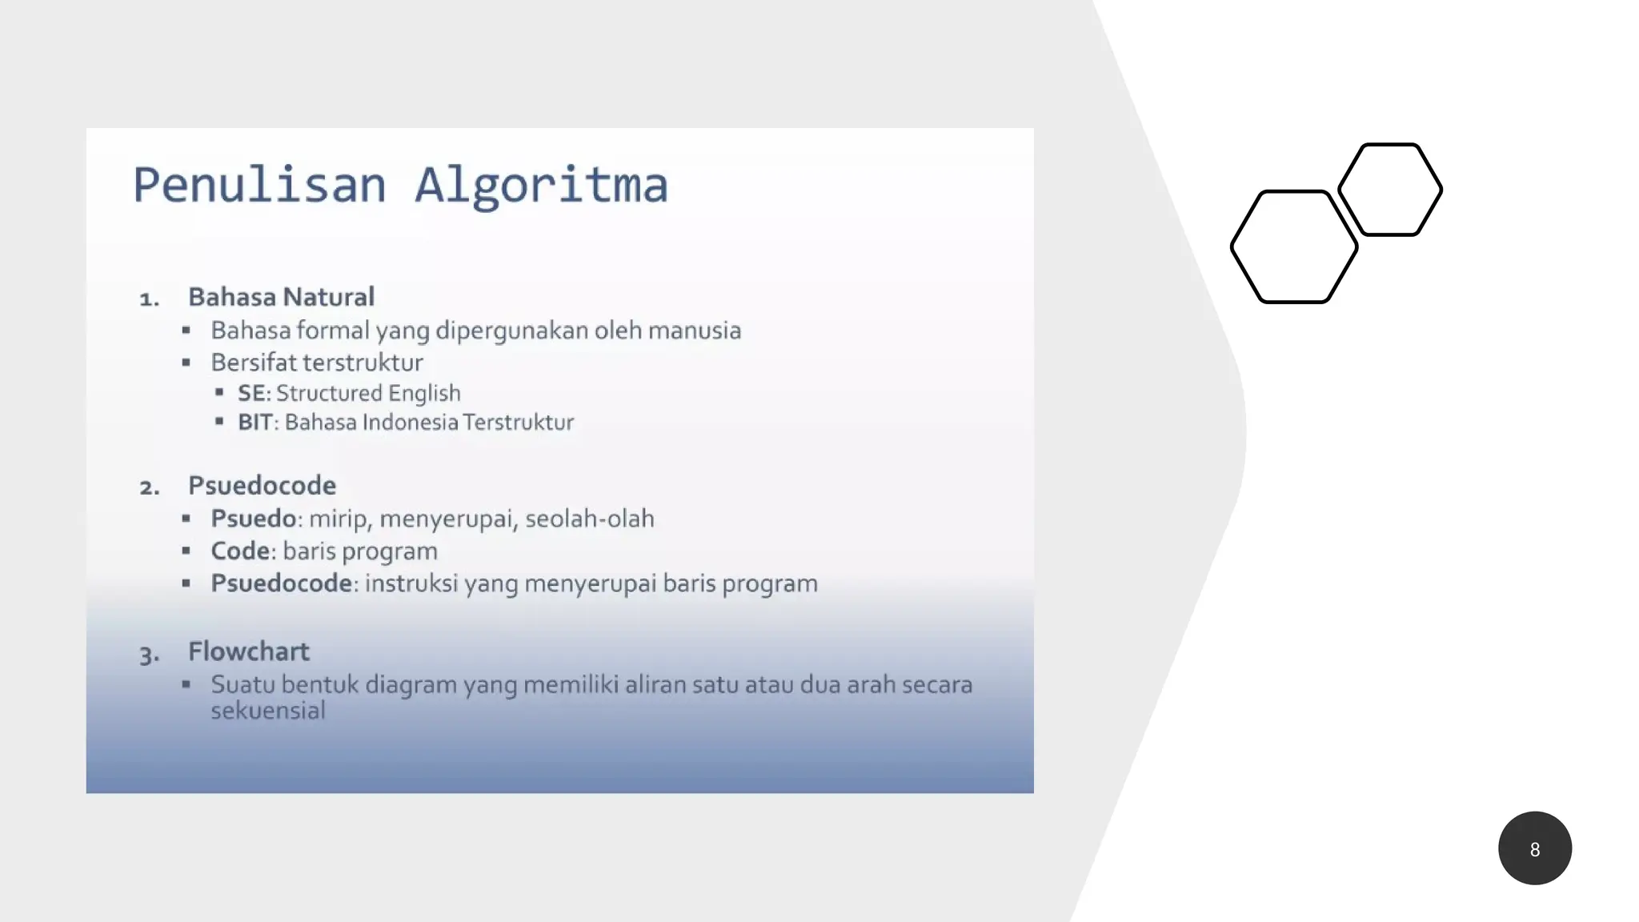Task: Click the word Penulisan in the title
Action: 259,185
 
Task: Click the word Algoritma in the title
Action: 541,185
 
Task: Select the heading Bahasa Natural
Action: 281,297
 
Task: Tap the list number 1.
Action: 148,299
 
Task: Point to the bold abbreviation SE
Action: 252,393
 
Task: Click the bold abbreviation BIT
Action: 255,422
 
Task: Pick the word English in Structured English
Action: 424,393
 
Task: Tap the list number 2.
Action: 149,487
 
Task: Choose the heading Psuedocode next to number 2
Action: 262,485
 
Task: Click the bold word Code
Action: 240,551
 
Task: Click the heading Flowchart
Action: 248,651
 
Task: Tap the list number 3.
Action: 149,655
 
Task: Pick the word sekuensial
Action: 268,710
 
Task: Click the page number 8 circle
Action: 1534,848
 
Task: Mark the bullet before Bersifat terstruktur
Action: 186,363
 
